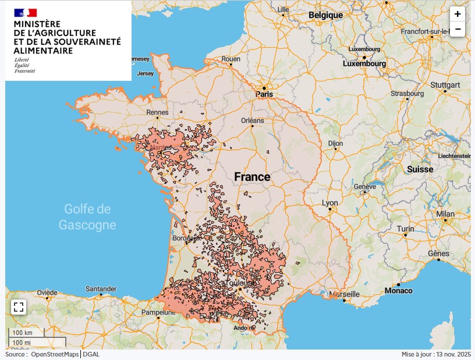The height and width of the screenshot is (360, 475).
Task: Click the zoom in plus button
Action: pos(458,14)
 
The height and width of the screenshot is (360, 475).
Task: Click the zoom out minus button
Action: pos(458,28)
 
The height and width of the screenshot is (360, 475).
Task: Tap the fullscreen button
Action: pos(18,308)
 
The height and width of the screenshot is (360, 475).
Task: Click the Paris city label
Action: pos(264,94)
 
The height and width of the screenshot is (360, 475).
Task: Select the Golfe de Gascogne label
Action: pos(87,216)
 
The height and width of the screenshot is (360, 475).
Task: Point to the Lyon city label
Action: pos(330,203)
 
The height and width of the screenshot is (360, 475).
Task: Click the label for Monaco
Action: pos(399,290)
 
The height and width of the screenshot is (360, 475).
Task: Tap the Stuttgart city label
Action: pos(445,85)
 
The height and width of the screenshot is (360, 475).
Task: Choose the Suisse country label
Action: pos(420,169)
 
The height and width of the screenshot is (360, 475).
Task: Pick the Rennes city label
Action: pos(158,112)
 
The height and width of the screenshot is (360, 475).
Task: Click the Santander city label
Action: pos(101,288)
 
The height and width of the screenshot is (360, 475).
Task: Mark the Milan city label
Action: pos(445,214)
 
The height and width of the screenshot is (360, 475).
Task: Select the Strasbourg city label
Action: pos(407,93)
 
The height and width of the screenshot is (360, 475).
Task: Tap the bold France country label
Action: pos(252,177)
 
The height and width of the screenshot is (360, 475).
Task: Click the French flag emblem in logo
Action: pos(26,12)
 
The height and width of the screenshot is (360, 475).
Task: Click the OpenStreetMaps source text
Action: pos(55,354)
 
